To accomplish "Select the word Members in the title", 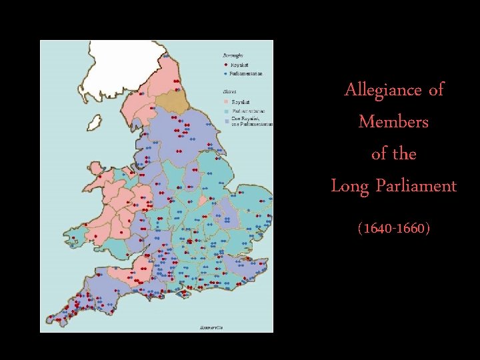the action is [x=393, y=121].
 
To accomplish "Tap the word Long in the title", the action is [x=347, y=185].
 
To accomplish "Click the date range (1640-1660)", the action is [x=393, y=229].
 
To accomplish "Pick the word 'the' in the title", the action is [x=405, y=153].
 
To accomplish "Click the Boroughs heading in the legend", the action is [x=232, y=55].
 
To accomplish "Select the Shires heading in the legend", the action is [x=228, y=91].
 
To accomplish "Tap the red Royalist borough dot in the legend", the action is [x=225, y=65].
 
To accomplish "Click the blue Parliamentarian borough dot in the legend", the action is [x=225, y=73].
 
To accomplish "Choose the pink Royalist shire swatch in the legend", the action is [x=226, y=101].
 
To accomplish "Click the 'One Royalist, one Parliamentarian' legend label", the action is [x=252, y=121].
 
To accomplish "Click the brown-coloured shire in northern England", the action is [x=171, y=100].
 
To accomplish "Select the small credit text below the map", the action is [x=212, y=327].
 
